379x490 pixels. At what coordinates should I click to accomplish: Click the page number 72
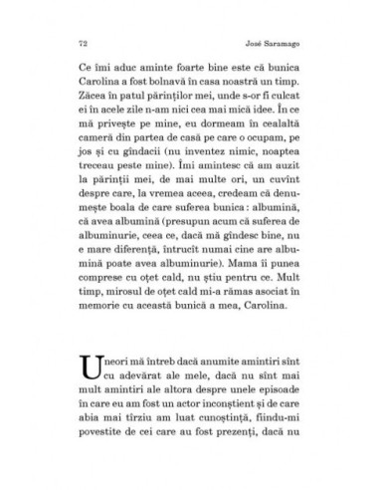pyautogui.click(x=79, y=44)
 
